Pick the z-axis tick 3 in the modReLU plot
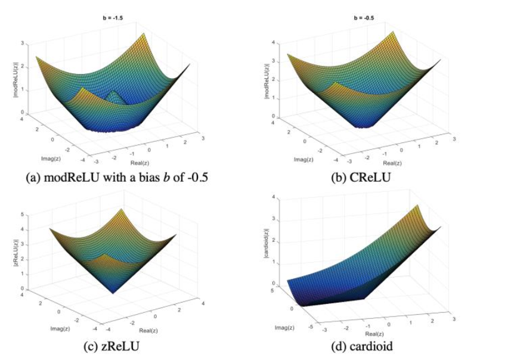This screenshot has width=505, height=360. pyautogui.click(x=23, y=44)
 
